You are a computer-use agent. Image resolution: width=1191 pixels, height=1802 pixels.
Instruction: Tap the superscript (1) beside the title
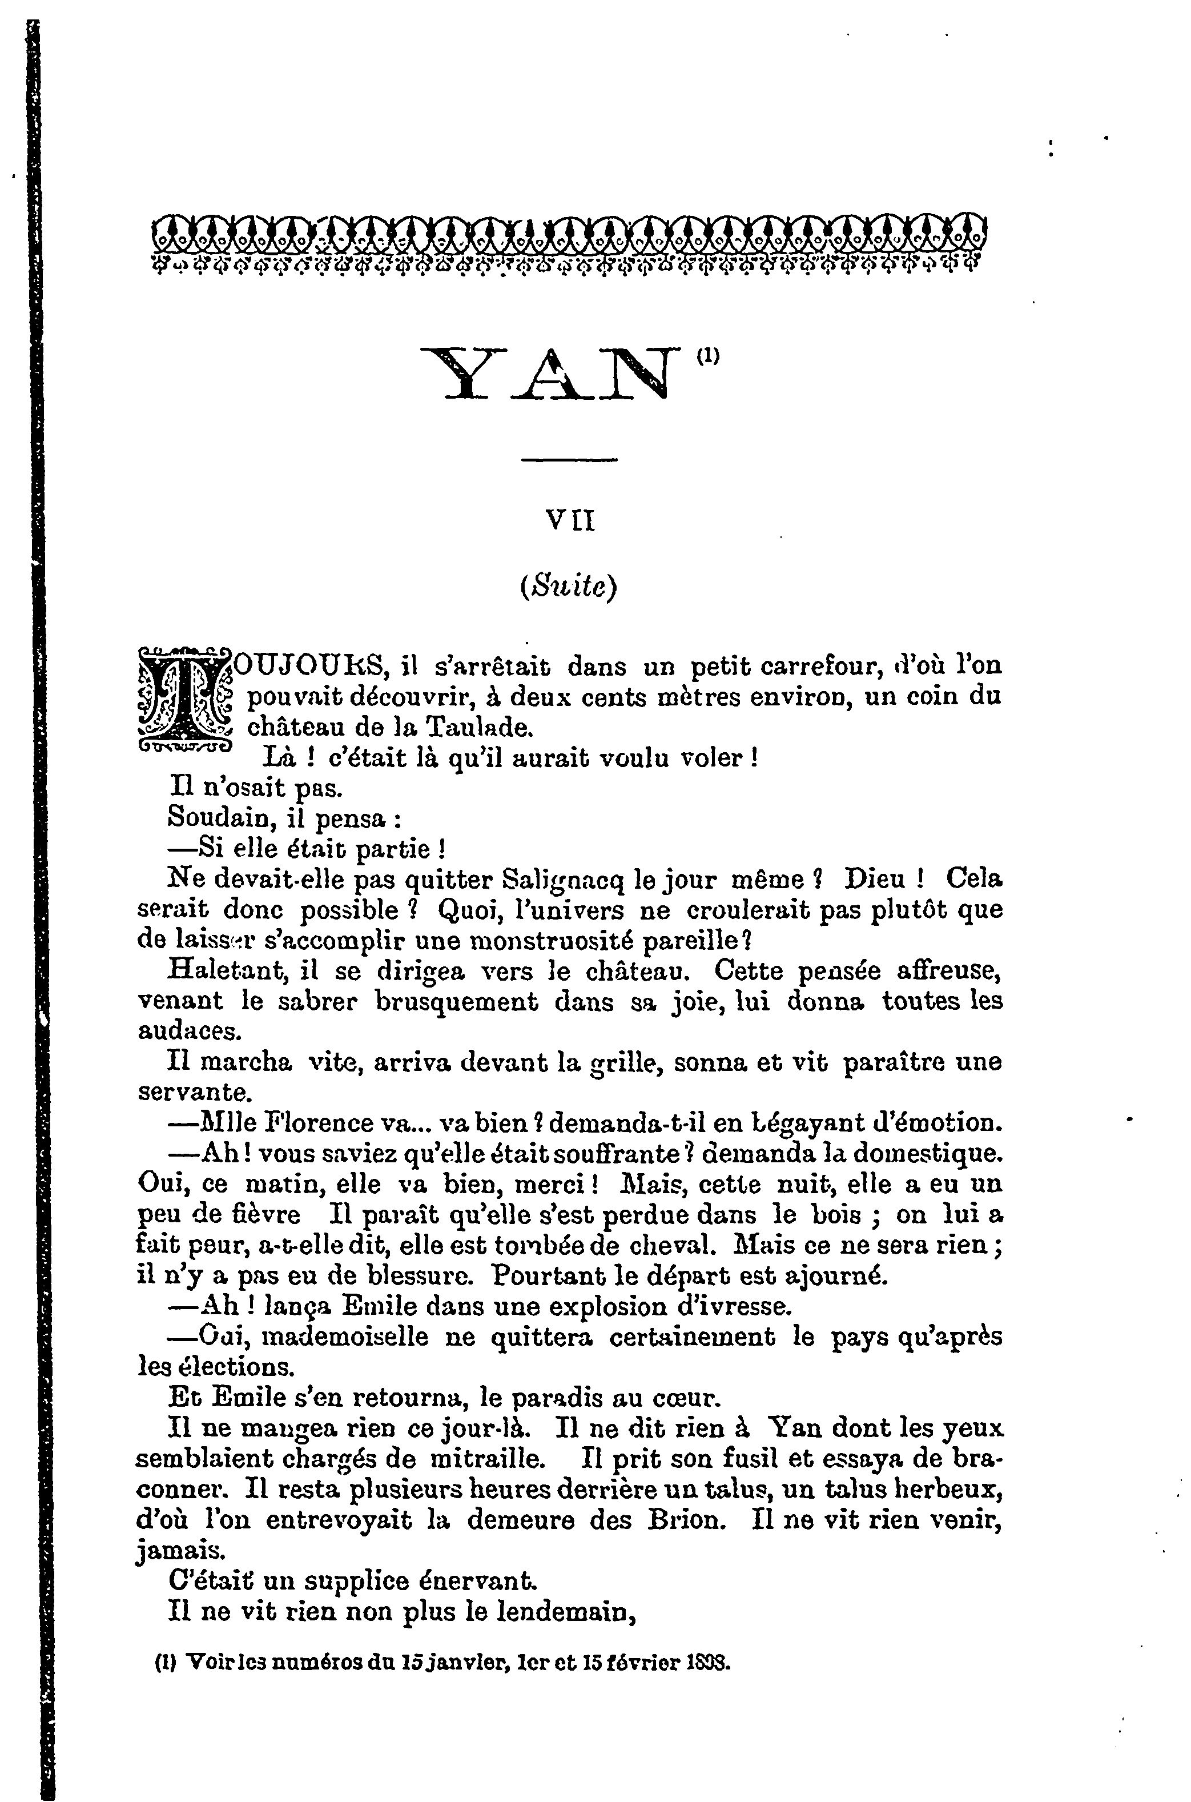click(707, 354)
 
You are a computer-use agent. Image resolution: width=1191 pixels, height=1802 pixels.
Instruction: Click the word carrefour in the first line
click(812, 666)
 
